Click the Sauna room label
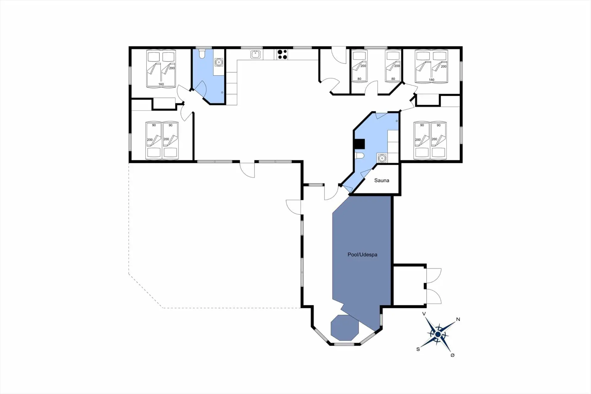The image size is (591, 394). click(381, 181)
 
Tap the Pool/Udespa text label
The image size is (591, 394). click(362, 255)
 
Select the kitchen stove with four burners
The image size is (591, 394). click(282, 55)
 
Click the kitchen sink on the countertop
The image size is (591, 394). click(255, 55)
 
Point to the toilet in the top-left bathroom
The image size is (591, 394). click(202, 55)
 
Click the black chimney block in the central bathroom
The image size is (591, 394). click(360, 144)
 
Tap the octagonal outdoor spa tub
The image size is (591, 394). click(345, 327)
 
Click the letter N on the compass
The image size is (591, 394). click(458, 319)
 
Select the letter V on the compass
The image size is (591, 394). click(424, 314)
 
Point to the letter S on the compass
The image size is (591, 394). click(418, 349)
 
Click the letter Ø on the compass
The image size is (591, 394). click(452, 355)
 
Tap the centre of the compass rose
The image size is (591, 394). click(438, 335)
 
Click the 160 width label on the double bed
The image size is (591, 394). click(161, 84)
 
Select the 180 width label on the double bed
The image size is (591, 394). click(432, 80)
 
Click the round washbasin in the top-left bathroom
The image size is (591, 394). click(219, 62)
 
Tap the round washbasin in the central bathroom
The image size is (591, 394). click(382, 158)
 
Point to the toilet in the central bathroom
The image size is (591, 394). click(359, 156)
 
